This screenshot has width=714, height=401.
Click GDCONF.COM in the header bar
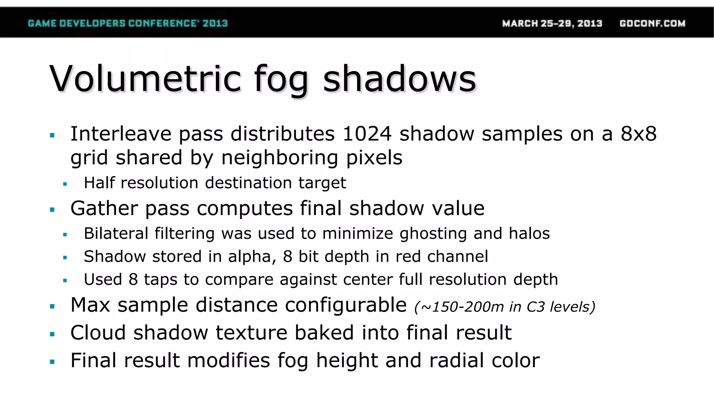pyautogui.click(x=652, y=23)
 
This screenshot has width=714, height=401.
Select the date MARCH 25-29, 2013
pyautogui.click(x=552, y=23)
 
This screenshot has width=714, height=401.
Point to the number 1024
pyautogui.click(x=367, y=134)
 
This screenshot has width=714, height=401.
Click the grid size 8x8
pyautogui.click(x=638, y=134)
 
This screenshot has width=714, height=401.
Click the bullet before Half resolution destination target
pyautogui.click(x=65, y=184)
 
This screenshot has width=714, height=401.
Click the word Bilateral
pyautogui.click(x=115, y=233)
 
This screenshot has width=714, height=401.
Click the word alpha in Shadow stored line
pyautogui.click(x=250, y=257)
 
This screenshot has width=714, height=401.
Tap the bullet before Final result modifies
pyautogui.click(x=52, y=362)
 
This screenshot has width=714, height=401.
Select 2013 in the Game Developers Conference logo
pyautogui.click(x=215, y=23)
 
